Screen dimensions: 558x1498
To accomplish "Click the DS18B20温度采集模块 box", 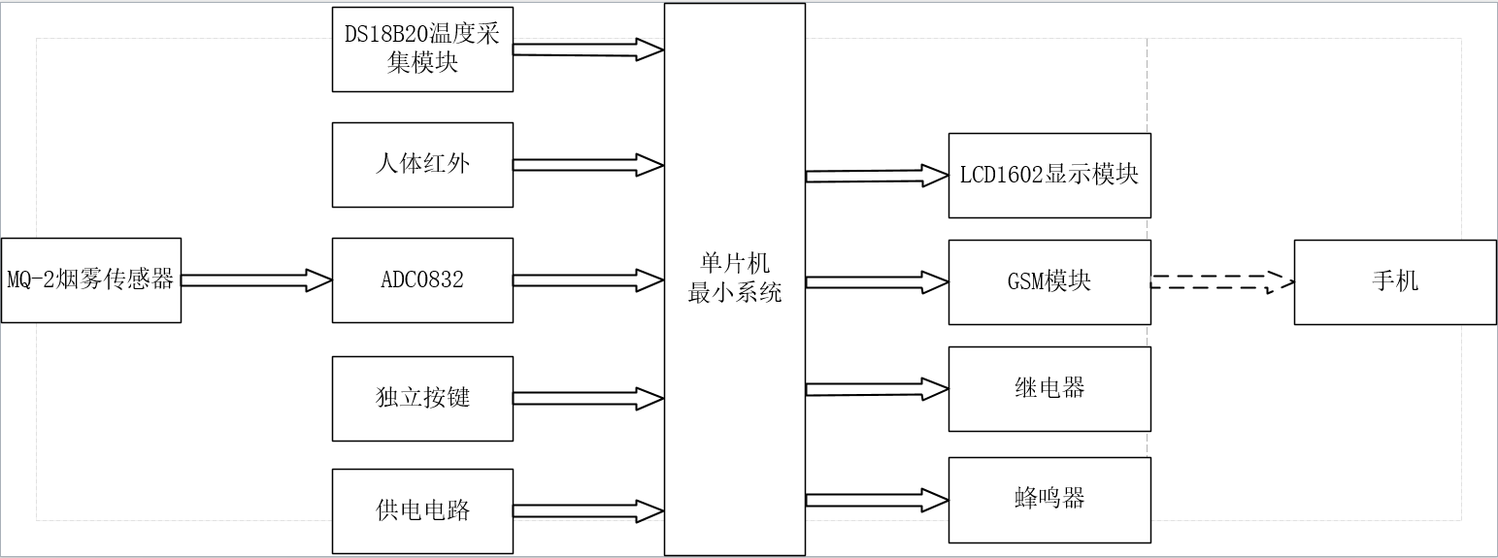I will (422, 49).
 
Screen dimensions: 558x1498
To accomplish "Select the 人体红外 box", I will (422, 164).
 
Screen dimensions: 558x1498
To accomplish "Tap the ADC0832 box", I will (422, 280).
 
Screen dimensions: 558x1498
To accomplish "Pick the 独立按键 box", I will (422, 398).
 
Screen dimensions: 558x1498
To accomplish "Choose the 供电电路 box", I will (422, 510).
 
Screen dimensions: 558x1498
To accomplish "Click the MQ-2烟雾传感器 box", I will (90, 280).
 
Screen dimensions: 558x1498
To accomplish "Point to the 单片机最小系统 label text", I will (734, 279).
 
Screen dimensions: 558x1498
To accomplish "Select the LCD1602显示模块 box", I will (1049, 176).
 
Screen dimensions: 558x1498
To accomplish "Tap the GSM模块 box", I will (1049, 281).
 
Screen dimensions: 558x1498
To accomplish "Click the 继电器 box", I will (1049, 388).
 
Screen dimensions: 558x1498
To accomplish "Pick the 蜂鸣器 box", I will (1049, 500).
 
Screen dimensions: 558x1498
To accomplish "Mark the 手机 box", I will (1394, 281).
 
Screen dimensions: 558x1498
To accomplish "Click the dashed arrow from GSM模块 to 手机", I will (1221, 282).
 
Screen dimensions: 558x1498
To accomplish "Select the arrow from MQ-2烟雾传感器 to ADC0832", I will (256, 280).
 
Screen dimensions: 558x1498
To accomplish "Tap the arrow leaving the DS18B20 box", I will (587, 49).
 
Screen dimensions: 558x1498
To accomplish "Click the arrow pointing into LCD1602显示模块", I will (877, 176).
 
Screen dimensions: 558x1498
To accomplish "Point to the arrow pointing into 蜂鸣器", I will (877, 500).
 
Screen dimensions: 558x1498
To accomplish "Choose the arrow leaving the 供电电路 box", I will (587, 510).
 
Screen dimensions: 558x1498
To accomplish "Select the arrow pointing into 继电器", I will (877, 389).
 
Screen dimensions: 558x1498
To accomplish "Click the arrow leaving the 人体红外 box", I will (587, 164).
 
